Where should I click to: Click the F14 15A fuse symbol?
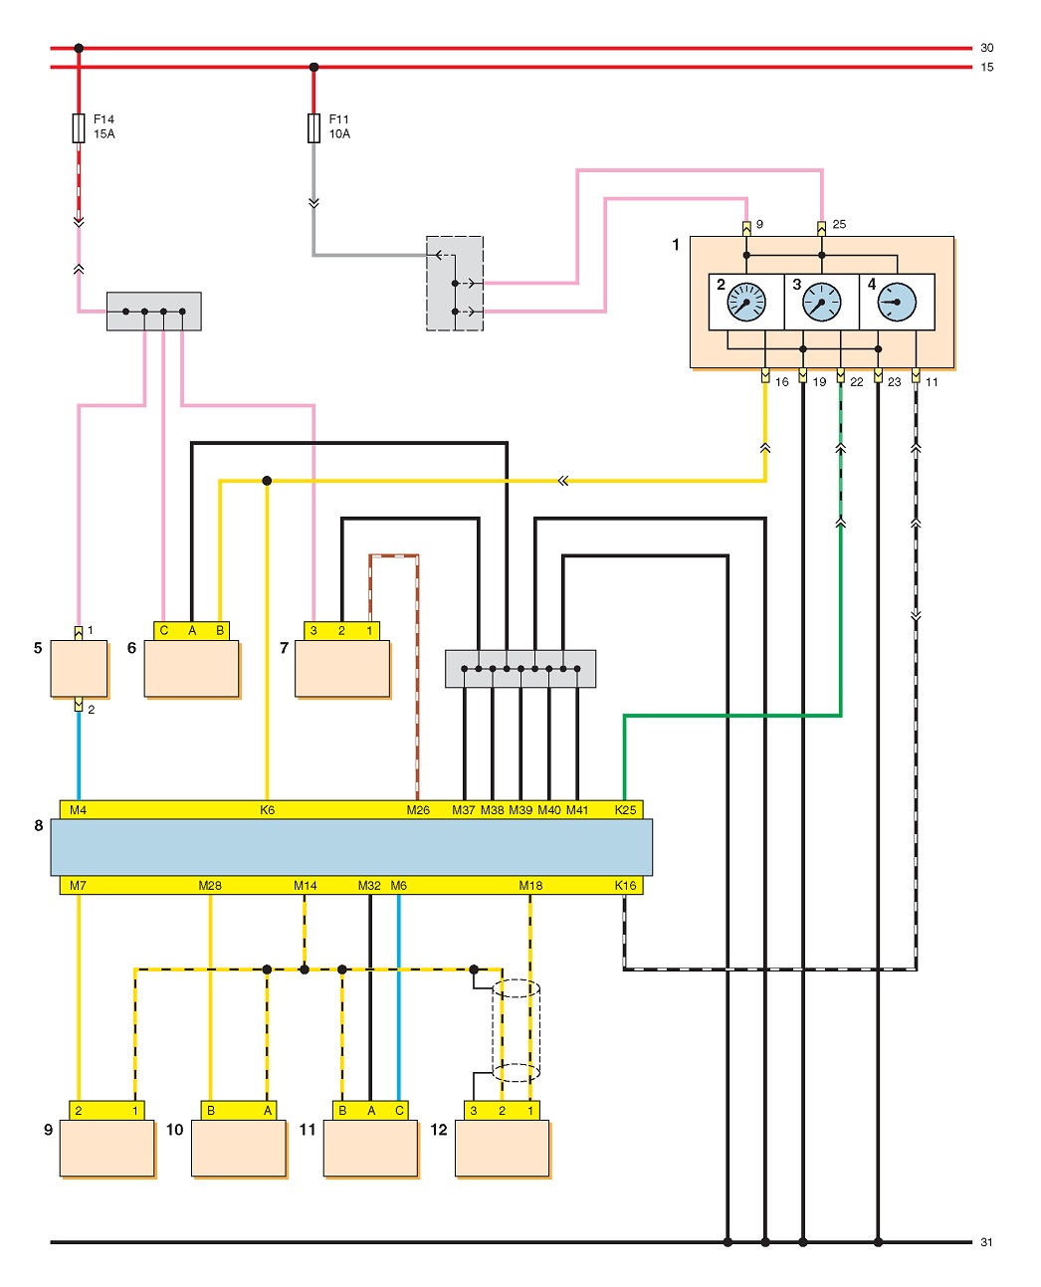78,127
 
